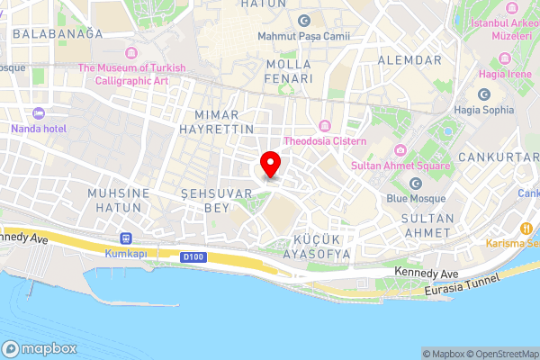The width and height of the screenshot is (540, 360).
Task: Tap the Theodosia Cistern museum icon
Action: (x=325, y=125)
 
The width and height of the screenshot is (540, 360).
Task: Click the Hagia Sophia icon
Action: (x=484, y=94)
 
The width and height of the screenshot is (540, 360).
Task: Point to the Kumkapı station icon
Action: (x=125, y=239)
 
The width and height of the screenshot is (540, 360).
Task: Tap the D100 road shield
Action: (x=192, y=257)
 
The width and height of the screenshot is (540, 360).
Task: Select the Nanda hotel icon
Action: (x=38, y=113)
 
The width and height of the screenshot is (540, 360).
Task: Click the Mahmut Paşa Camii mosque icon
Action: (x=304, y=21)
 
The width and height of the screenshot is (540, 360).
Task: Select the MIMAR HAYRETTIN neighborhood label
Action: (x=225, y=122)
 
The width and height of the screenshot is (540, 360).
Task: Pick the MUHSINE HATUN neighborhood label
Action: (x=114, y=200)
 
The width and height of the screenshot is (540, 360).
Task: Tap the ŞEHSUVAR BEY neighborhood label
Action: (x=206, y=200)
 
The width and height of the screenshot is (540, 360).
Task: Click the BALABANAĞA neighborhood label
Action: (x=58, y=33)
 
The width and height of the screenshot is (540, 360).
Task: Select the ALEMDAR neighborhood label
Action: (x=409, y=59)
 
